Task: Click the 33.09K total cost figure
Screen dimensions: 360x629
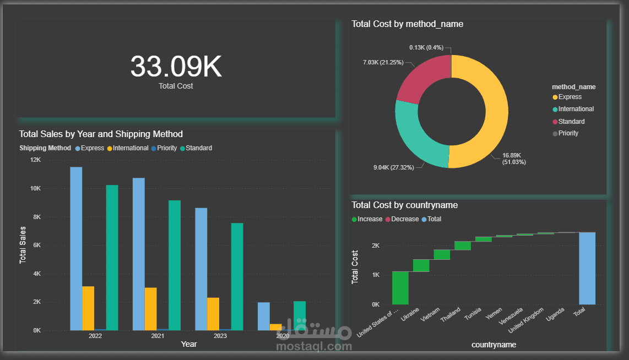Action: (x=176, y=67)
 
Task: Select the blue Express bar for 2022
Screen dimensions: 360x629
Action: (x=76, y=248)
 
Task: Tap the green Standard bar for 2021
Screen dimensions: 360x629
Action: (x=175, y=265)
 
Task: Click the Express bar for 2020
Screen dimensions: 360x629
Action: (x=264, y=316)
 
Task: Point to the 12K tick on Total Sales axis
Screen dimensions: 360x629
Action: (x=35, y=160)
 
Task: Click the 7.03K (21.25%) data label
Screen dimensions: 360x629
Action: (x=383, y=62)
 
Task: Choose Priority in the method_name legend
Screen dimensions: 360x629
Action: (x=568, y=133)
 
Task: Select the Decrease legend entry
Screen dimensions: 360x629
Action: (x=405, y=219)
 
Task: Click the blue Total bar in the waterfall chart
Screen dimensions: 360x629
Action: (x=587, y=268)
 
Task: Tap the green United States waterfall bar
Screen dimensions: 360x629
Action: (x=400, y=287)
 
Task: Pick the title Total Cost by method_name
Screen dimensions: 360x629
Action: (x=407, y=24)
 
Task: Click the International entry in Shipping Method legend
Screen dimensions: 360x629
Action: (x=131, y=148)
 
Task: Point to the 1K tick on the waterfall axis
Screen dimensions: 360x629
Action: (x=375, y=275)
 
